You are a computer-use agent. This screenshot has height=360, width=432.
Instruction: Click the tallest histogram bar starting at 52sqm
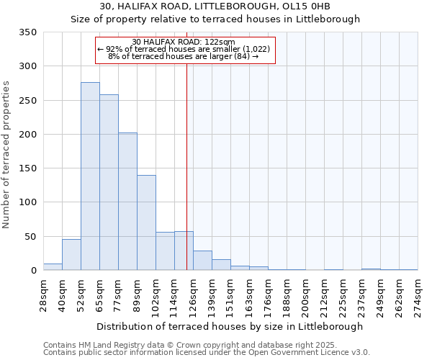coord(90,176)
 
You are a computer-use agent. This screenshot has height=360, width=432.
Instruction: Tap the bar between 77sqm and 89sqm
coord(127,202)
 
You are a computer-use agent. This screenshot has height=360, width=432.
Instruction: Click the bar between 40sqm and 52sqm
coord(71,255)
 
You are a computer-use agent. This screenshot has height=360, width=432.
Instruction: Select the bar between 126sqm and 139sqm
coord(202,261)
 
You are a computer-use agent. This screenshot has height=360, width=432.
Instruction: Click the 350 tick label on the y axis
coord(27,32)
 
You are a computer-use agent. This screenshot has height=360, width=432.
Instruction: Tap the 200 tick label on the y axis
coord(27,135)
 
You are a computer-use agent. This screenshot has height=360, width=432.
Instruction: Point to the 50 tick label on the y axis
coord(30,236)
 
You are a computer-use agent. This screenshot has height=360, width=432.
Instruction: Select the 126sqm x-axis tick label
coord(194,295)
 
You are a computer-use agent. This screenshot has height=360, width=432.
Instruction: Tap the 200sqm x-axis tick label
coord(306,295)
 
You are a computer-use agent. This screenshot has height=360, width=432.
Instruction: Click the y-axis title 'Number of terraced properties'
coord(6,155)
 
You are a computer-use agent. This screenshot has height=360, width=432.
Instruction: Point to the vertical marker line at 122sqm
coord(186,166)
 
